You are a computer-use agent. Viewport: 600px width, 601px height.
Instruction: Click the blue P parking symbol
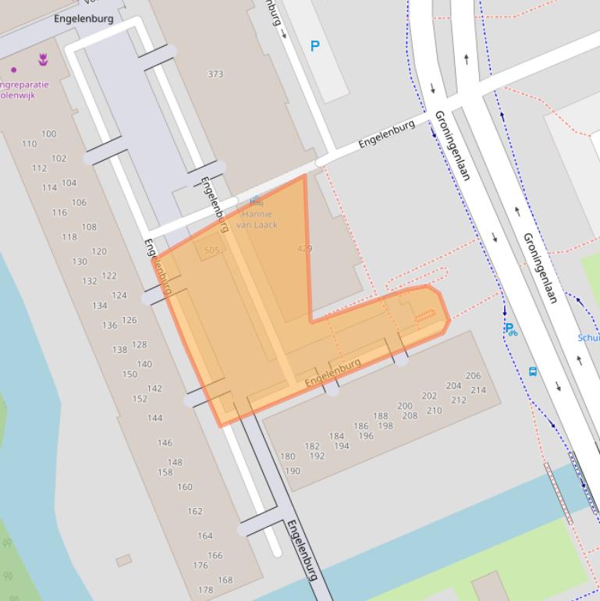click(315, 46)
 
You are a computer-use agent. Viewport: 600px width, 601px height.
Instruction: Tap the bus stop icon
click(533, 372)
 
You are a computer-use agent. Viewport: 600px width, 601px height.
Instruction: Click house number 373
click(215, 74)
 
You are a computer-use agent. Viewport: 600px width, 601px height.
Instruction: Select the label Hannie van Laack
click(257, 219)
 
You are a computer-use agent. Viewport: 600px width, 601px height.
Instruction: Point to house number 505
click(211, 251)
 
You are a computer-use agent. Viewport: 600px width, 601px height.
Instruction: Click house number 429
click(305, 248)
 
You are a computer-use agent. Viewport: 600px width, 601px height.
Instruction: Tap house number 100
click(48, 134)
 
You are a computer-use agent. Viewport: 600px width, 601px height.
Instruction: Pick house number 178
click(205, 590)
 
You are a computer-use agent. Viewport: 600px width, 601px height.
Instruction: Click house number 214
click(478, 390)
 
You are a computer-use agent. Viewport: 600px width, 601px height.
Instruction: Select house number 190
click(293, 471)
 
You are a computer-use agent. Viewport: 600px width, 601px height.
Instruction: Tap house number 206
click(473, 376)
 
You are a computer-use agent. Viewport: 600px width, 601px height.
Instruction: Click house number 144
click(154, 418)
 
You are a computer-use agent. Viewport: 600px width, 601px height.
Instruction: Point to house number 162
click(194, 512)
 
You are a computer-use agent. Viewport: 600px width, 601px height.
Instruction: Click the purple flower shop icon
click(43, 59)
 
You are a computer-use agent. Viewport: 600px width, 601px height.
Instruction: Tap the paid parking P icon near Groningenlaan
click(510, 329)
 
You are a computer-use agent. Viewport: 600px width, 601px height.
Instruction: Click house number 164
click(204, 536)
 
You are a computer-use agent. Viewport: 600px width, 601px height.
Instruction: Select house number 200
click(404, 406)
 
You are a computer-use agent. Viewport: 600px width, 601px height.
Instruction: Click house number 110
click(29, 144)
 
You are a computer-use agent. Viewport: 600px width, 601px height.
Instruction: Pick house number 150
click(129, 375)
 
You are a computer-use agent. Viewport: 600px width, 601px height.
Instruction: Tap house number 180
click(287, 457)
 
